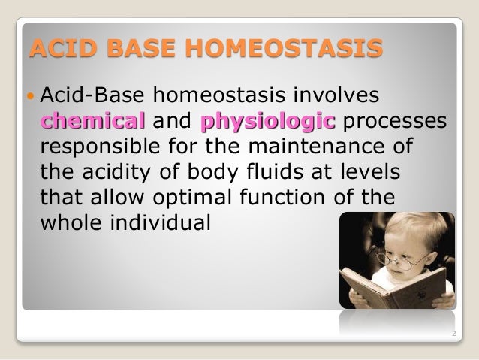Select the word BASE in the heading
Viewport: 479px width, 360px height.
point(146,50)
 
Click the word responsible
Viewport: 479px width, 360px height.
point(102,147)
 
